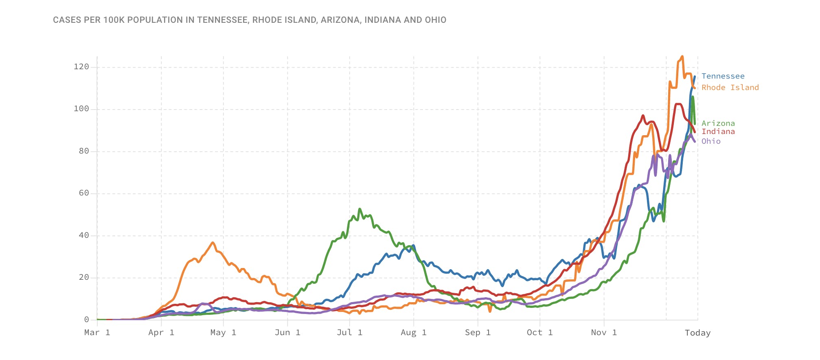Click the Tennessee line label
723,76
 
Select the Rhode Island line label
730,88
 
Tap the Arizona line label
718,123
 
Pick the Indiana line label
718,132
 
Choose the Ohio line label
711,141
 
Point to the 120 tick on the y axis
81,67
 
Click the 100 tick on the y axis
81,109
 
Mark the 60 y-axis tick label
83,193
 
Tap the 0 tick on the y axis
86,320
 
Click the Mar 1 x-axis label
97,333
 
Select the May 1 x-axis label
223,333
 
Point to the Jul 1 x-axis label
349,333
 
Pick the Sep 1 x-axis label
478,333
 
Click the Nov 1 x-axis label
604,333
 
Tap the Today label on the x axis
697,333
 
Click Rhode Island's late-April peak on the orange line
213,243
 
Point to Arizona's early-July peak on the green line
360,209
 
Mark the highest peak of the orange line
682,57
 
